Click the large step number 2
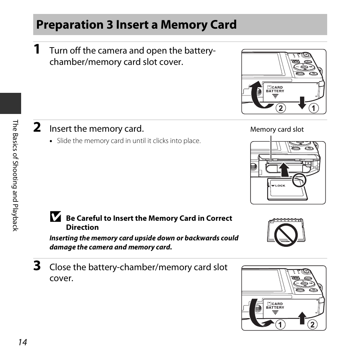(x=37, y=128)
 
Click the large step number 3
(x=37, y=266)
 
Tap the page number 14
(x=22, y=342)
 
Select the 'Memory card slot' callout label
(x=277, y=129)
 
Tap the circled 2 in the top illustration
(x=280, y=109)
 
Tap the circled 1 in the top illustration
(x=314, y=109)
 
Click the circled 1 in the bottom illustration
(x=280, y=325)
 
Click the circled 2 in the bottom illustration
(x=312, y=325)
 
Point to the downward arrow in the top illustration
(x=302, y=102)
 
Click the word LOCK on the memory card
(x=280, y=186)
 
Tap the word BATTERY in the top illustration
(x=275, y=91)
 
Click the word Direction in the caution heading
(x=82, y=227)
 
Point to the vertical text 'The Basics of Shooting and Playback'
(x=15, y=175)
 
